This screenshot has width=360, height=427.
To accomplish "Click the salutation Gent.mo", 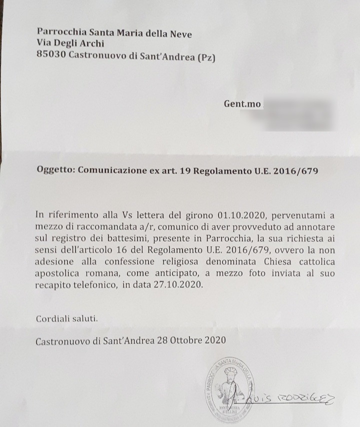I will (242, 103).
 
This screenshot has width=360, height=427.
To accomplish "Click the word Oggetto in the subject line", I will (55, 169).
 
